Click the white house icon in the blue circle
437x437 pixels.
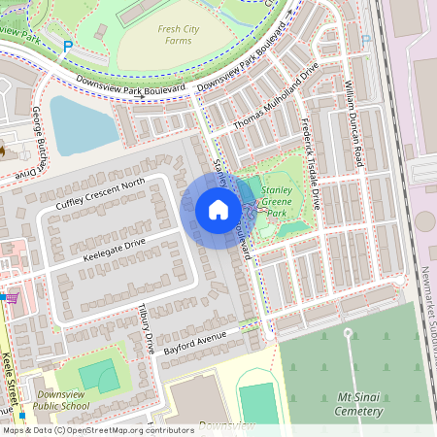point(218,210)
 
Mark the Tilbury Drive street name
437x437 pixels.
point(146,328)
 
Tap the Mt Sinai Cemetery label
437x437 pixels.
point(348,404)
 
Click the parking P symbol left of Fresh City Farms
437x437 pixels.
point(67,46)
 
